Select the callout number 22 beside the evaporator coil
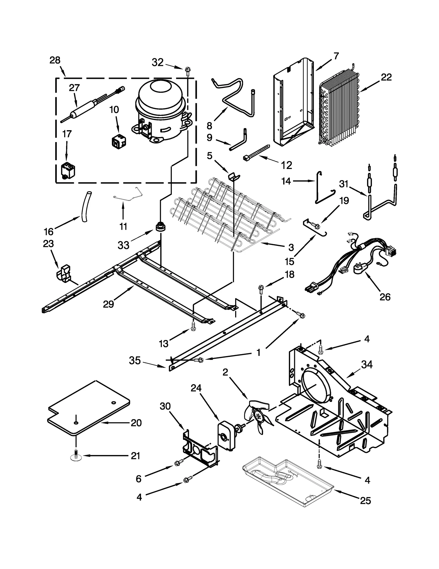tap(386, 77)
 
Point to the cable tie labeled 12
tap(256, 152)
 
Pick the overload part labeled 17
tap(68, 171)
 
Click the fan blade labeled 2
tap(259, 416)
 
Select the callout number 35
tap(135, 360)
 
